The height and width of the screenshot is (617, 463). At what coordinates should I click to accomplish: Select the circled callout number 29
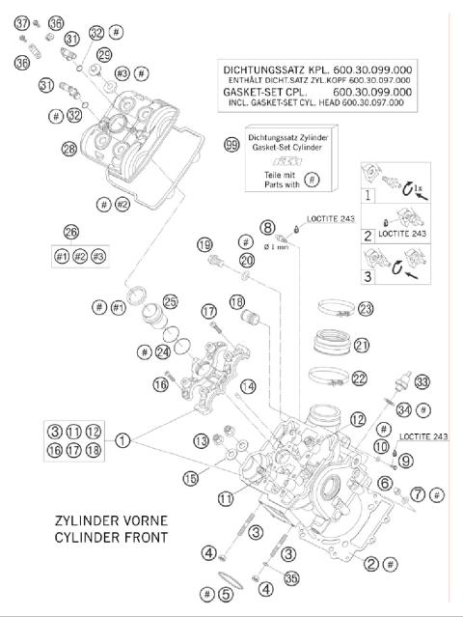coord(103,54)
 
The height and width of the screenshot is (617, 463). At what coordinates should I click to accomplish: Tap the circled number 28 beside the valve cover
coord(68,149)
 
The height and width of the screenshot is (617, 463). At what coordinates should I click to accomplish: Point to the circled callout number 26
coord(69,231)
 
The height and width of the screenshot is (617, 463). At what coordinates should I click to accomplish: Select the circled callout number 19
coord(204,244)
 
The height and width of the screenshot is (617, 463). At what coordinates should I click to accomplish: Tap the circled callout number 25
coord(171,300)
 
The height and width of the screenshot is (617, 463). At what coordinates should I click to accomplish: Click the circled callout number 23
coord(365,308)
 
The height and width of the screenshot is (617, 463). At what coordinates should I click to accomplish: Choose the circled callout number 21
coord(362,345)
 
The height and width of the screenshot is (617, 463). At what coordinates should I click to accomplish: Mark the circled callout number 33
coord(422,381)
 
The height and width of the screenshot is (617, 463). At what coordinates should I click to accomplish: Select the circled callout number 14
coord(249,386)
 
